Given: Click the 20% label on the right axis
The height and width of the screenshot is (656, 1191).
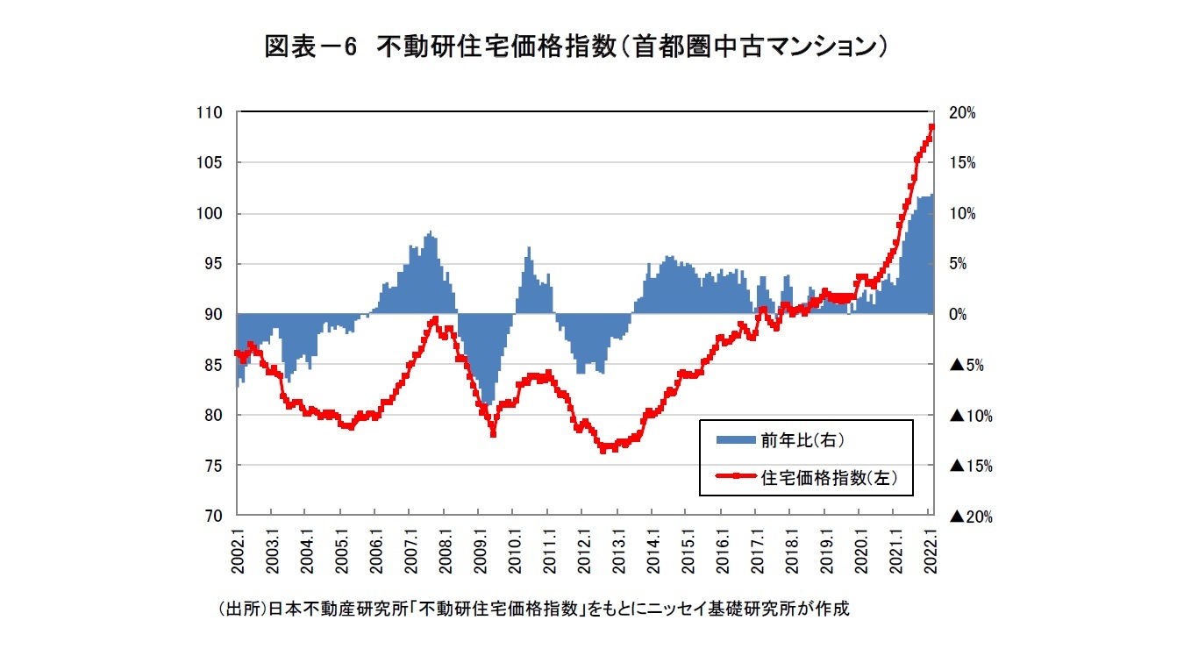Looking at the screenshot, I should (x=962, y=113).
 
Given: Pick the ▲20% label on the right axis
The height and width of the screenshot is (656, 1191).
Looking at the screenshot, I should (x=970, y=517).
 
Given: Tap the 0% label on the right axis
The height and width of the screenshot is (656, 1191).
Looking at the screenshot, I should (x=959, y=314).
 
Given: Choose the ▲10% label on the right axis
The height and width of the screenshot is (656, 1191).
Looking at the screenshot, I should (x=970, y=415).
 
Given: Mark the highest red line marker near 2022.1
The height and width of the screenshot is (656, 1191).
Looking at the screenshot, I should (x=931, y=127).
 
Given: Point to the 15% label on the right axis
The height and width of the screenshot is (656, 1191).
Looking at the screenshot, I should (x=962, y=163).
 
